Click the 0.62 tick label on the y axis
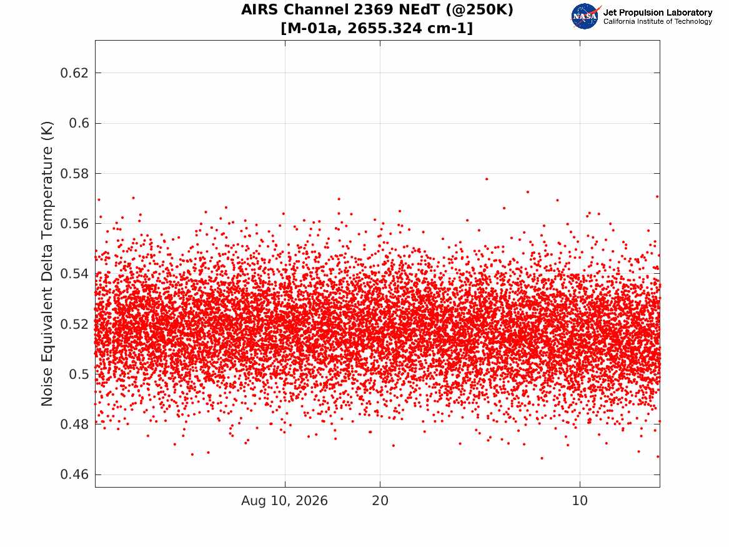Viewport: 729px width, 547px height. (x=74, y=73)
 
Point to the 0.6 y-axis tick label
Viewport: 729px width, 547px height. (x=79, y=123)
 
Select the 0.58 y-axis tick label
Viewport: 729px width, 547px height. (x=74, y=174)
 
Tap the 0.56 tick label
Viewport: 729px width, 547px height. (x=74, y=224)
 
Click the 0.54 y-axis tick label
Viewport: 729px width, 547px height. (x=74, y=274)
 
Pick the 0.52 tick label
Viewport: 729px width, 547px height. (x=74, y=324)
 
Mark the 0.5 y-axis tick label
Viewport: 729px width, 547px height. (x=79, y=374)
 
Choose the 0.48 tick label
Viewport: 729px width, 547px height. (x=74, y=424)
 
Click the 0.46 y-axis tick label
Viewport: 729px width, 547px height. (x=74, y=474)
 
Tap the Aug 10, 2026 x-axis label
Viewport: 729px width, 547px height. (x=284, y=501)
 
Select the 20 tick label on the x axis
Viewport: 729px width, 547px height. (x=380, y=501)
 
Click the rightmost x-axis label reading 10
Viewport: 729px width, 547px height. (x=580, y=501)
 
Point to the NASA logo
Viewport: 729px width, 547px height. (x=585, y=16)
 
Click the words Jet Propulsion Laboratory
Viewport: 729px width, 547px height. (x=658, y=13)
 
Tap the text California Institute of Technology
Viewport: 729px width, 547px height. (x=658, y=21)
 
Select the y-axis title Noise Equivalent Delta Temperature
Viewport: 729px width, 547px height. (x=47, y=263)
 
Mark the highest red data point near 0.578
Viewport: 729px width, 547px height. (x=487, y=179)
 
